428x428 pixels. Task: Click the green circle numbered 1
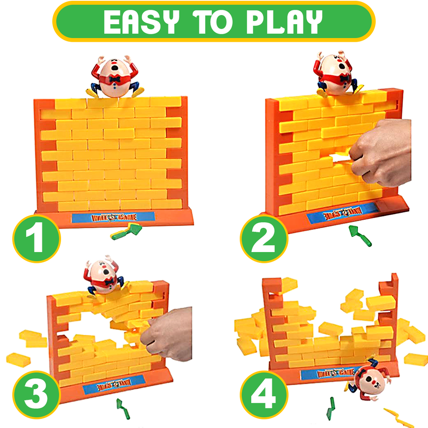click(x=36, y=239)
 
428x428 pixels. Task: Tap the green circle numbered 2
click(x=264, y=239)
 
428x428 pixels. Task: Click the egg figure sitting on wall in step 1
click(x=115, y=77)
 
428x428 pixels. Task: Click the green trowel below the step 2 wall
click(x=360, y=236)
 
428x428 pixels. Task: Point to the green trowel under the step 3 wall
click(x=122, y=408)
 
